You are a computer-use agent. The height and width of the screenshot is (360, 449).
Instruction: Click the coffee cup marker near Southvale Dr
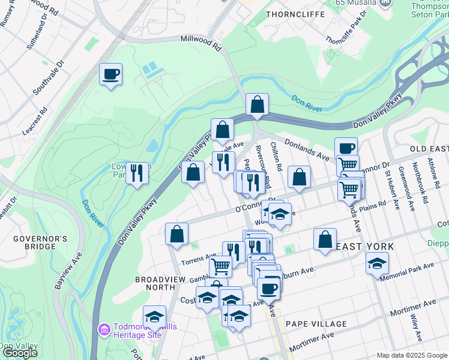point(110,75)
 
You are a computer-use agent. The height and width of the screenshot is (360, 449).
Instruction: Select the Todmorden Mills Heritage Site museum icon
point(103,329)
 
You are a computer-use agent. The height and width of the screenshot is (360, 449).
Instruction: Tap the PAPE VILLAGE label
point(316,324)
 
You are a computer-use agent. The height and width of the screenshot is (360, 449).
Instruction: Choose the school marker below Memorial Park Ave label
point(377,263)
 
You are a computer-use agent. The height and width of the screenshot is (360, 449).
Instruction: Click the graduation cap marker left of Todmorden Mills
point(154,317)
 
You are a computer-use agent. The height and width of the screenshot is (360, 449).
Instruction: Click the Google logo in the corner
point(19,353)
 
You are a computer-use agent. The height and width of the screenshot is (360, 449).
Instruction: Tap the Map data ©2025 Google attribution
point(412,355)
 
